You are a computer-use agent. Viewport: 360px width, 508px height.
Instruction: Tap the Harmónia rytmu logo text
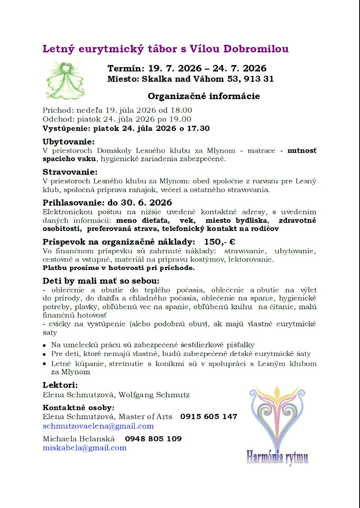pos(277,457)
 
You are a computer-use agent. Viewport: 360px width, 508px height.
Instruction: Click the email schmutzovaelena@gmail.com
pos(98,426)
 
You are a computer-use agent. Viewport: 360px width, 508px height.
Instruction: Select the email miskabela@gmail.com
pos(85,448)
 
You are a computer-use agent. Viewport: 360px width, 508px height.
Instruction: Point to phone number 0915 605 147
pos(209,417)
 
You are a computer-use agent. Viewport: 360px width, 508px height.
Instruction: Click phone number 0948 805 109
pos(153,439)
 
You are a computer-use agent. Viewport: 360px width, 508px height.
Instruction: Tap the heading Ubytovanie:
pos(69,142)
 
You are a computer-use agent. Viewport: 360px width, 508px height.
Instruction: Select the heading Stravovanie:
pos(70,172)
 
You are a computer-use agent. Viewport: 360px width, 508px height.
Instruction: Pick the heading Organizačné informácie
pos(204,96)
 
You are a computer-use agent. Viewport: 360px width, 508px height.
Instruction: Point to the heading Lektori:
pos(60,385)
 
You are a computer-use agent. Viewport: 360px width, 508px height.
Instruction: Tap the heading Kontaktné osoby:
pos(78,408)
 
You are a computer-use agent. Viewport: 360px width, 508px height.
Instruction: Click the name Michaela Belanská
pos(79,439)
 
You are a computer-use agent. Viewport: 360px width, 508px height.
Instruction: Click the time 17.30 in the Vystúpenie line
pos(199,129)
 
